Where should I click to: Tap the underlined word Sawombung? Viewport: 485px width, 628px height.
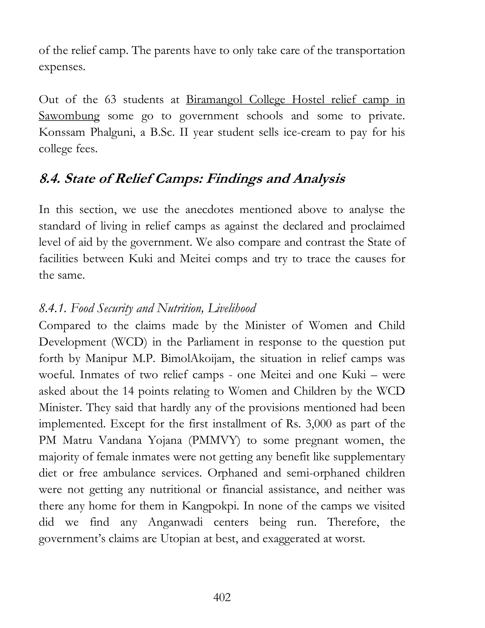(x=69, y=116)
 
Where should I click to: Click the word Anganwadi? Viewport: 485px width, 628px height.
(x=175, y=522)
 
